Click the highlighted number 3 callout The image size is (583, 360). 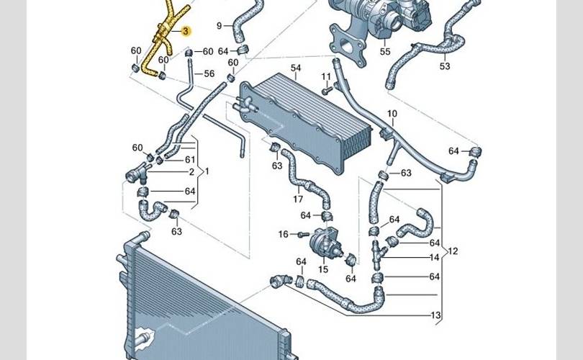tap(186, 31)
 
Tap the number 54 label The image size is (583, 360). tap(296, 68)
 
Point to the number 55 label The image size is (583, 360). tap(385, 52)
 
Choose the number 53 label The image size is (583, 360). tap(445, 66)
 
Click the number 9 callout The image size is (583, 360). tap(219, 26)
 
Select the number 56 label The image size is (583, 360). tap(209, 73)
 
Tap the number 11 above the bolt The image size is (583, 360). tap(326, 76)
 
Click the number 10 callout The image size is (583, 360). tap(392, 114)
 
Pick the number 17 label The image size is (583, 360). tap(297, 199)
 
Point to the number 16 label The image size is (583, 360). tap(283, 234)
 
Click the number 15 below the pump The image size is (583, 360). tap(323, 269)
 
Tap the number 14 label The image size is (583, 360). tap(435, 257)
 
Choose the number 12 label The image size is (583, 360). tap(453, 251)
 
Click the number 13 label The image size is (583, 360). tap(435, 315)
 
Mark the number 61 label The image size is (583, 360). tap(190, 160)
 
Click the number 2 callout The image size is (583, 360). tap(191, 172)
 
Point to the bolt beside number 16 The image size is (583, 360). tap(302, 234)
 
